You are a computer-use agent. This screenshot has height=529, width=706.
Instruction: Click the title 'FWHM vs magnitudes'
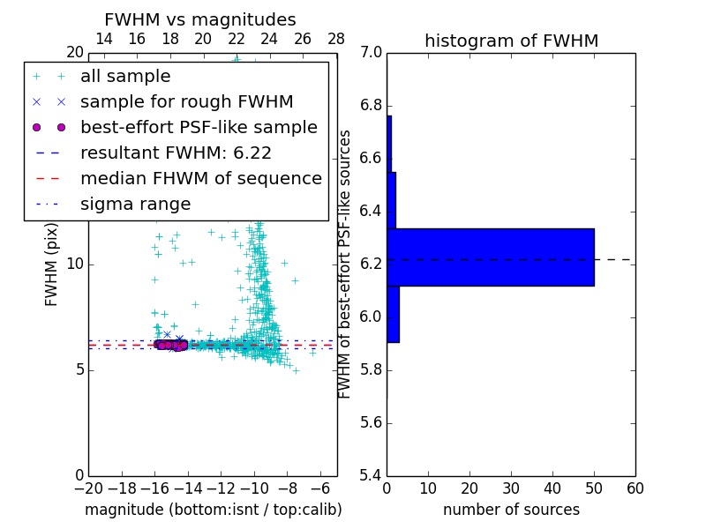click(x=199, y=20)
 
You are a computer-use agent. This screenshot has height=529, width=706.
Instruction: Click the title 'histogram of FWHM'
click(x=511, y=41)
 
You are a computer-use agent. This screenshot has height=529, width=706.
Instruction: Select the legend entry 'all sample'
click(x=125, y=77)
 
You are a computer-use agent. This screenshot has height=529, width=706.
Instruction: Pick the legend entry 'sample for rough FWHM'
click(x=186, y=102)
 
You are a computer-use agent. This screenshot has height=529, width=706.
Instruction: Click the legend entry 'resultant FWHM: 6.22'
click(x=176, y=153)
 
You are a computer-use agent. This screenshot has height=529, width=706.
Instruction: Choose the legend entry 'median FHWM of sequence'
click(x=200, y=178)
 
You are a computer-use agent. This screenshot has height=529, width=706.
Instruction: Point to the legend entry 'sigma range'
click(x=135, y=204)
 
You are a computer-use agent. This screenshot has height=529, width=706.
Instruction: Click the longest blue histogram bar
click(x=490, y=257)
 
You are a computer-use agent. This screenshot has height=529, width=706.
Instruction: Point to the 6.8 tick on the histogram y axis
click(x=370, y=106)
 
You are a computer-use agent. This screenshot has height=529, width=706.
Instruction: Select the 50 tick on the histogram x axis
click(x=594, y=488)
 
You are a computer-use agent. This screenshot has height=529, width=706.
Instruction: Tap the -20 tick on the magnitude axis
click(x=88, y=488)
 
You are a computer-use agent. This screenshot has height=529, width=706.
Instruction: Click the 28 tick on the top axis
click(x=336, y=39)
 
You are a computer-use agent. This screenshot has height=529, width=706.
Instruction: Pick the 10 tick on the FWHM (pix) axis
click(x=73, y=264)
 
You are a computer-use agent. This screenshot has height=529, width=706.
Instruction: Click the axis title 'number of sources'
click(x=511, y=510)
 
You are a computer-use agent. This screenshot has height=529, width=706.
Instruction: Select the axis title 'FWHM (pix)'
click(x=52, y=264)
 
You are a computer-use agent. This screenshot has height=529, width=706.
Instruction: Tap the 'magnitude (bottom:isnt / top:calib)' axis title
click(x=213, y=510)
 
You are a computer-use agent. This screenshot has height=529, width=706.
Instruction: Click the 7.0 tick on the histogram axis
click(x=370, y=53)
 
